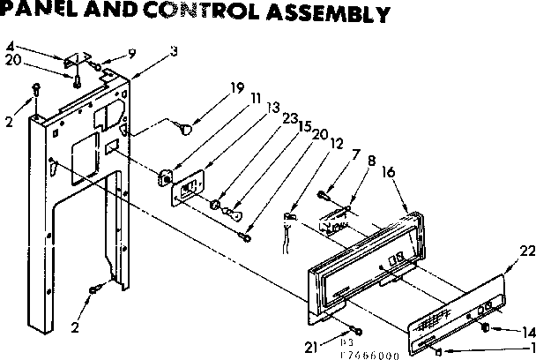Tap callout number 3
(174, 50)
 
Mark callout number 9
(132, 52)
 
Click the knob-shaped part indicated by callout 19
(183, 130)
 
